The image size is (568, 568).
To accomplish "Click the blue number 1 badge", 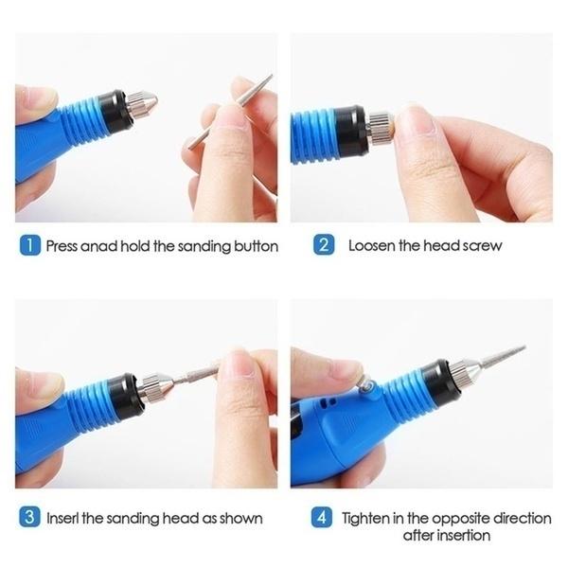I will click(29, 246).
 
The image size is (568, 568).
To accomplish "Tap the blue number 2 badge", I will click(324, 246).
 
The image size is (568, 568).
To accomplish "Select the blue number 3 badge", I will click(29, 518).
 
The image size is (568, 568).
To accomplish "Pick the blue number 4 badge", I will click(324, 518).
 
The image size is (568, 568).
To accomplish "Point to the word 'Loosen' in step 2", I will click(371, 246).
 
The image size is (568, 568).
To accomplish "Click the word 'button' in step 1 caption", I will click(255, 246).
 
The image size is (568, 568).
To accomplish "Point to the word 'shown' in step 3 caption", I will click(240, 518).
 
